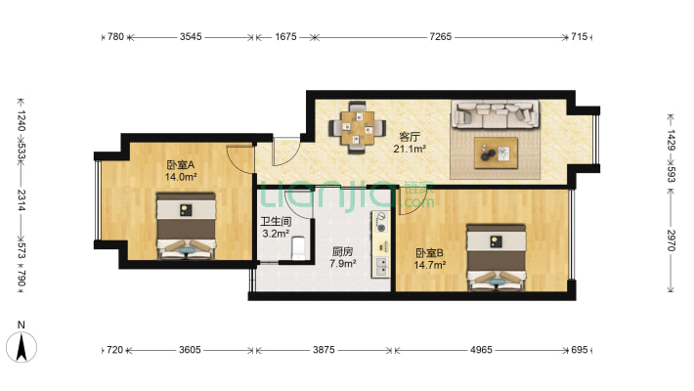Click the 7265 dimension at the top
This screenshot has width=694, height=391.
[441, 37]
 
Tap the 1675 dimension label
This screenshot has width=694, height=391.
[285, 37]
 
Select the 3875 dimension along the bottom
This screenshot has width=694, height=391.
[324, 350]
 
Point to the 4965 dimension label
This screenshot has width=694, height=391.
[481, 350]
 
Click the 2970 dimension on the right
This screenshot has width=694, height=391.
[671, 240]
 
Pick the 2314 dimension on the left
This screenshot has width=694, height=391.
[22, 200]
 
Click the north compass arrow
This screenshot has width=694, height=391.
[22, 347]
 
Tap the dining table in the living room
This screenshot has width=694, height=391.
[357, 128]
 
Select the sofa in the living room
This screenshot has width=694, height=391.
[496, 114]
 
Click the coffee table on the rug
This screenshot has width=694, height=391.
[496, 152]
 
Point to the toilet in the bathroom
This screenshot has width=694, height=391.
[299, 248]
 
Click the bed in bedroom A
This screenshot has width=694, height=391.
[186, 226]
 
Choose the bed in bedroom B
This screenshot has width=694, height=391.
[497, 257]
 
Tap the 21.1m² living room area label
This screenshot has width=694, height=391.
[410, 150]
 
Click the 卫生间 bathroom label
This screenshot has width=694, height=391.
[276, 222]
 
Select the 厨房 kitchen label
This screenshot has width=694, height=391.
[342, 252]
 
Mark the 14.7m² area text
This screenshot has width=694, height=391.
[429, 265]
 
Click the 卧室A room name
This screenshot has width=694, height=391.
[181, 165]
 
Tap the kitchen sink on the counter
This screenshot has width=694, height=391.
[380, 266]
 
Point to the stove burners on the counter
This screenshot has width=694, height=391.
[380, 222]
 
